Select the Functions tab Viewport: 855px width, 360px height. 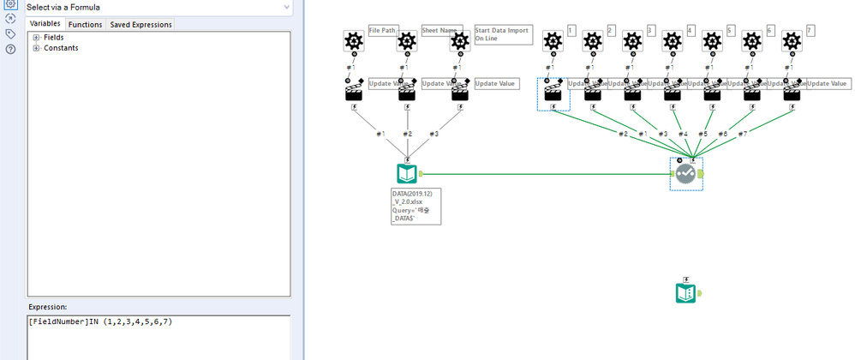[85, 24]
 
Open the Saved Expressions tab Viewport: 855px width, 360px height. [141, 24]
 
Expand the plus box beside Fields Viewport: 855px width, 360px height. [36, 38]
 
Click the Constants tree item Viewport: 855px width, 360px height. [61, 48]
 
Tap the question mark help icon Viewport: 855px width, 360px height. [10, 49]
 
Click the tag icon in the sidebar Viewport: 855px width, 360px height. [10, 33]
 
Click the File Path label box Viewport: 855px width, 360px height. [383, 31]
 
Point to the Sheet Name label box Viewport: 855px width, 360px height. [442, 31]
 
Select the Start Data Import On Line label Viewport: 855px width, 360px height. [503, 34]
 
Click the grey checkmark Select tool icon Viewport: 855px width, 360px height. [685, 174]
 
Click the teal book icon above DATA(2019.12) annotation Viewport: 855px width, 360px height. [408, 174]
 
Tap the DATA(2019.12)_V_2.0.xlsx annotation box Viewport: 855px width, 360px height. [416, 207]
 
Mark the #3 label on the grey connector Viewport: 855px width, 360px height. [435, 134]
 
